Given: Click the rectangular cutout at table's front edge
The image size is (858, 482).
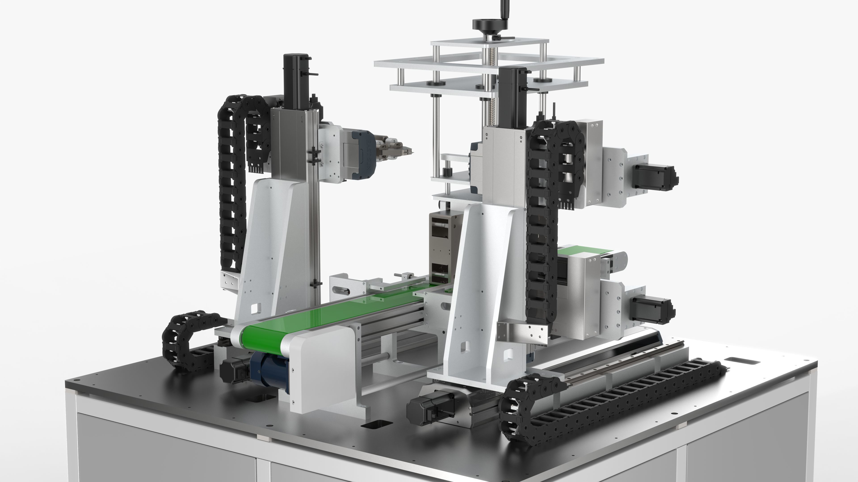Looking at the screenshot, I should coord(376,424).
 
